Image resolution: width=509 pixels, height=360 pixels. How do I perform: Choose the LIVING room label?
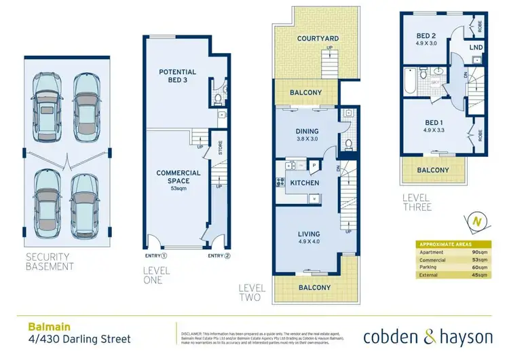tap(308, 234)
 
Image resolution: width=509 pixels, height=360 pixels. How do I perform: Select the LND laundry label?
tap(477, 47)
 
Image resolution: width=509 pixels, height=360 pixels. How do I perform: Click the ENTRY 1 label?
tap(155, 256)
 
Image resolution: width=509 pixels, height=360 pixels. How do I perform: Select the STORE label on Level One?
tap(221, 147)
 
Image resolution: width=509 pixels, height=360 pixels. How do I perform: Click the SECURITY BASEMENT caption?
tap(50, 262)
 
